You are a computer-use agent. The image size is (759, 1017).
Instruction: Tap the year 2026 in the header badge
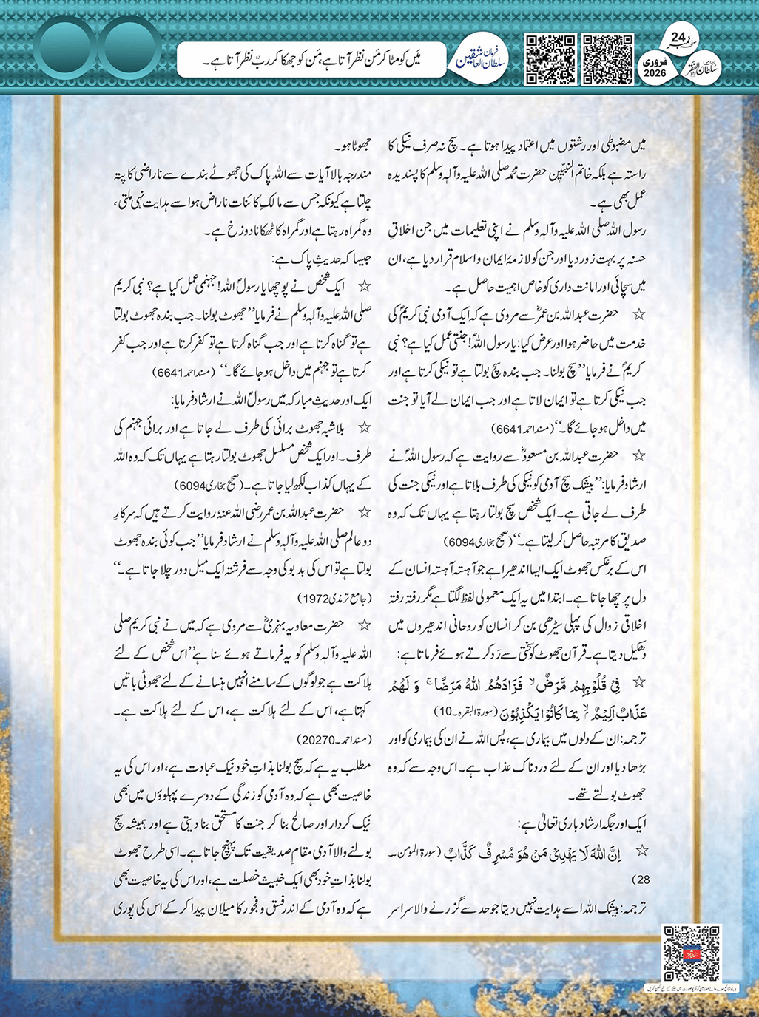click(x=655, y=73)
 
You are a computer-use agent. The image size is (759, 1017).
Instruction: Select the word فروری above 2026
click(x=655, y=62)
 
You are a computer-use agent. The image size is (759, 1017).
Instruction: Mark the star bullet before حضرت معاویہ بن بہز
click(x=364, y=625)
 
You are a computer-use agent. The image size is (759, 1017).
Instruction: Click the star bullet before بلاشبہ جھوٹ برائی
click(x=364, y=428)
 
